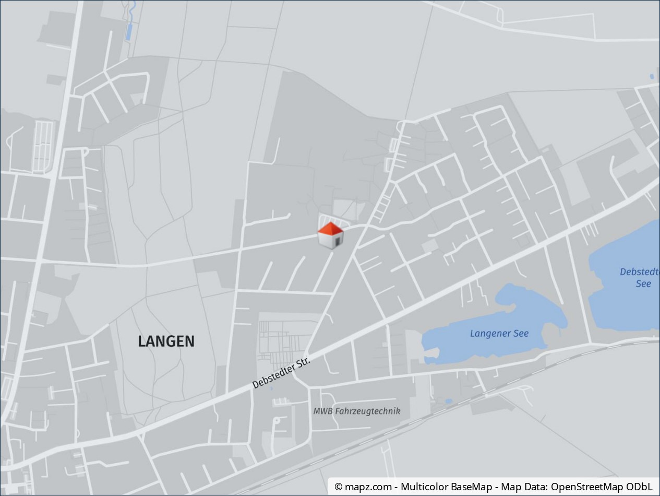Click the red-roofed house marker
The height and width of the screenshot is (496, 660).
point(331,236)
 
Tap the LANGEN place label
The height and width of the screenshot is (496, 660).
point(166,341)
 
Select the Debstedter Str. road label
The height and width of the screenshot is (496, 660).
point(281,372)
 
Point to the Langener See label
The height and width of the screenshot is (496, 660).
point(499,334)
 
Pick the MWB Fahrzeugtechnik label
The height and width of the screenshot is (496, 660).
point(357,411)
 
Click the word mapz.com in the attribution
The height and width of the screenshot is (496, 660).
point(368,487)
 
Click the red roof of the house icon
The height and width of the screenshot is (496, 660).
point(330,229)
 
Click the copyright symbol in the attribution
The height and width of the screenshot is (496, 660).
point(339,487)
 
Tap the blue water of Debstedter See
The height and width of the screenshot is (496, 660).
point(626,308)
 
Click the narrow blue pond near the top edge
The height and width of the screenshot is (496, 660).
point(129,31)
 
